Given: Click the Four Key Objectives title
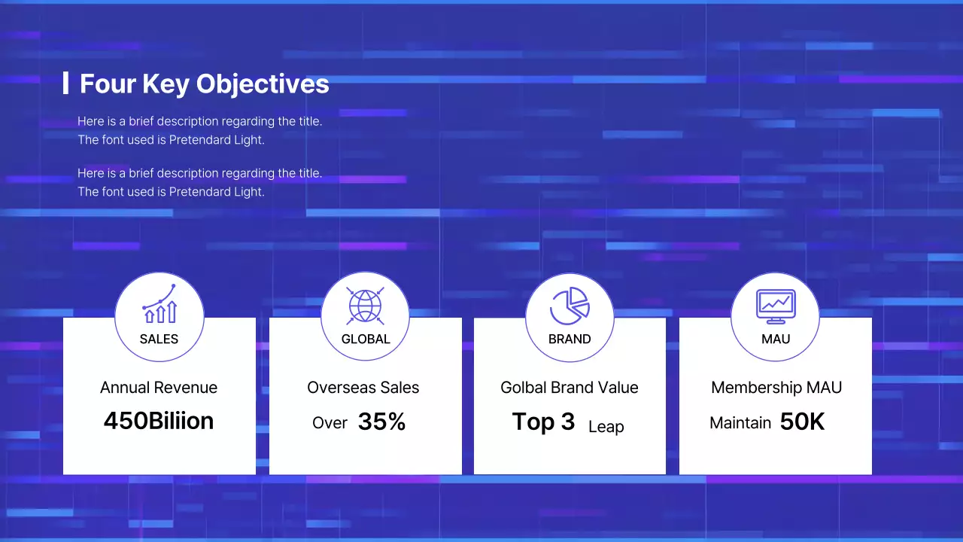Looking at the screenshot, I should coord(204,84).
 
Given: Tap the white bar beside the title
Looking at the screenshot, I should coord(65,84).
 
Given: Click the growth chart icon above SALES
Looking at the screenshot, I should coord(159,304).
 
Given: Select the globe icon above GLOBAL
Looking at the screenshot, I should coord(365,306).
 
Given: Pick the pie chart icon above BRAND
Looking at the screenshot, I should coord(570,306).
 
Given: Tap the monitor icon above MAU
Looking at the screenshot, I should coord(776,306).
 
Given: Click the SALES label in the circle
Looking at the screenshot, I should coord(159,340).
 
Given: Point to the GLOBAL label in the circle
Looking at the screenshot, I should coord(366,340).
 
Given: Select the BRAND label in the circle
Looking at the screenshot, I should coord(570,340).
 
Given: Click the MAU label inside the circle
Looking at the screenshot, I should coord(776,340).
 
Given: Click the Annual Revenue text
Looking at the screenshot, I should coord(159,388).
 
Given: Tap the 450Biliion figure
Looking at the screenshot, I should coord(159,421).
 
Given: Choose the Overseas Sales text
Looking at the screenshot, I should coord(363,388).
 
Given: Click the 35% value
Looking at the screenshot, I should coord(381,422).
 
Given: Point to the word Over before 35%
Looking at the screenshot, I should coord(330,423).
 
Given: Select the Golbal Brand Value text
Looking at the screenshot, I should coord(570,388).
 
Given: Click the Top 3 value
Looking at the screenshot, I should coord(543,422).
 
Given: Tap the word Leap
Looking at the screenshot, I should coord(606,427).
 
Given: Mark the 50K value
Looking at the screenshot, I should coord(802,422).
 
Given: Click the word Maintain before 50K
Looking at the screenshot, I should coord(740,423).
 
